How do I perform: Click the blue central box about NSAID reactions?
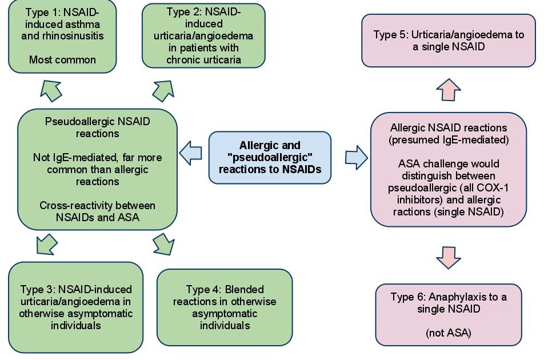coord(270,158)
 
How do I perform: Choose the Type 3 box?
coord(75,307)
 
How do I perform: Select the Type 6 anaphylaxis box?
coord(449,315)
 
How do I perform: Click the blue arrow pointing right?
coord(355,157)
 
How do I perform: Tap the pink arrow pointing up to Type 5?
coord(449,90)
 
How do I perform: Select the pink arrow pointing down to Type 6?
coord(449,256)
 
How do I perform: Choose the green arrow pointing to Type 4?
coord(165,244)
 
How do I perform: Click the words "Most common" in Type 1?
coord(63,59)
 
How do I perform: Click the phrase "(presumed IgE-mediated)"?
coord(449,139)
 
